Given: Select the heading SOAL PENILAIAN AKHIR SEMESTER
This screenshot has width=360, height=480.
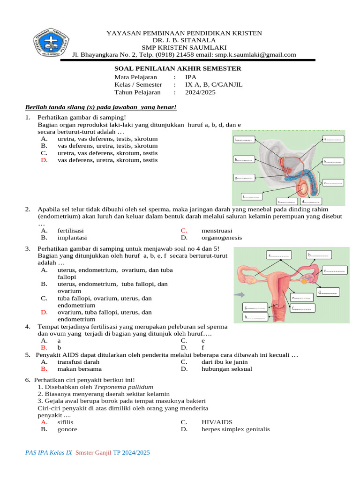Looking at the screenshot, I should [178, 68].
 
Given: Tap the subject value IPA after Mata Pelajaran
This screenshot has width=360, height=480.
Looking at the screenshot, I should [191, 77].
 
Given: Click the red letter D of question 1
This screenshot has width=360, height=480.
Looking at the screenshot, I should [44, 160].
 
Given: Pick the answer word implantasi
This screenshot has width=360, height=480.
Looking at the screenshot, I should [72, 238].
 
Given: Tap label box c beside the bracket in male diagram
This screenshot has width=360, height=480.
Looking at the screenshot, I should [333, 183].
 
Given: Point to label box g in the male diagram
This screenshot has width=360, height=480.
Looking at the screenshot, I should [244, 178].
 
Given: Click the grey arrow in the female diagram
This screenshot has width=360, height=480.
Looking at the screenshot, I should [240, 295].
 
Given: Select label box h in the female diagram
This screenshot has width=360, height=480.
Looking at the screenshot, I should [255, 317].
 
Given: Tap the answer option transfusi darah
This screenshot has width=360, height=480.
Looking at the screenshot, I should [78, 362].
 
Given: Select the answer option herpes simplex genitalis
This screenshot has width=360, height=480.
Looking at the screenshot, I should [235, 429].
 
